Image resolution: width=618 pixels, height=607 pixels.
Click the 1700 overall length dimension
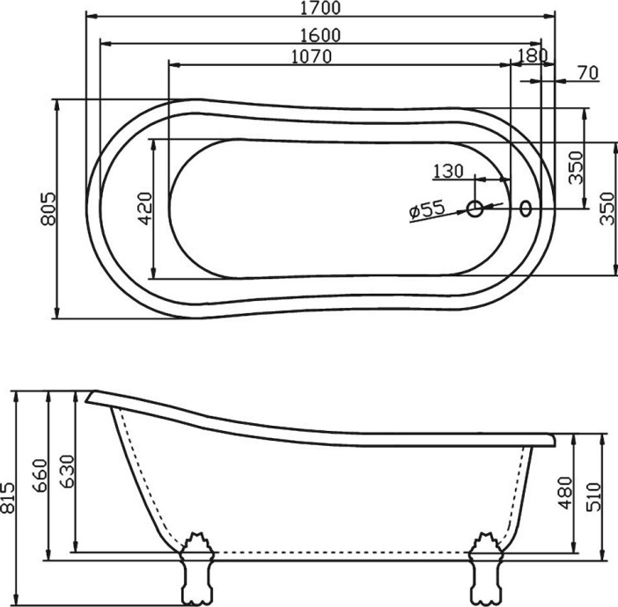[320, 8]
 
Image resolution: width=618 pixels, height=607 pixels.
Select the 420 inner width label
[145, 208]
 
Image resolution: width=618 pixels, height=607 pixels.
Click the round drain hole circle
[475, 208]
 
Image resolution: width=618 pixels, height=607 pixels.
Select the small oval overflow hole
[526, 208]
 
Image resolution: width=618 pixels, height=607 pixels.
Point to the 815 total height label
[9, 498]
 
